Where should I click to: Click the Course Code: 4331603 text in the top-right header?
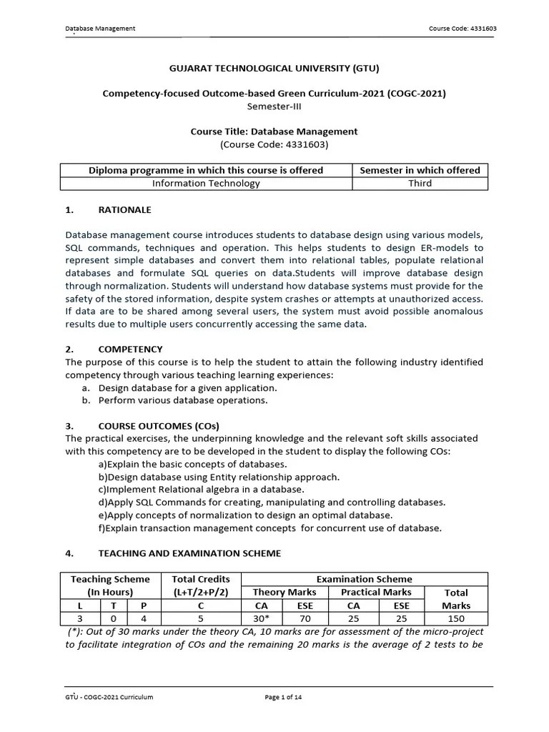[x=462, y=29]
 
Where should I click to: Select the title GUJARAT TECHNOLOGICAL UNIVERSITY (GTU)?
[x=274, y=69]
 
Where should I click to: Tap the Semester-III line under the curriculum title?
[x=274, y=106]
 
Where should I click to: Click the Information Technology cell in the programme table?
[x=206, y=183]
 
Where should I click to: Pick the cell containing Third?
[x=420, y=183]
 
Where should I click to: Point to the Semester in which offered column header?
[x=420, y=170]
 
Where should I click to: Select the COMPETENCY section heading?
[x=130, y=350]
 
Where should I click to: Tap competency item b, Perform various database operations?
[x=182, y=400]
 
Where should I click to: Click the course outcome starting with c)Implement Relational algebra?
[x=201, y=490]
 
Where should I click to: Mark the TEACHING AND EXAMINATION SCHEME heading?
[x=189, y=553]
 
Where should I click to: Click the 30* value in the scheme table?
[x=261, y=618]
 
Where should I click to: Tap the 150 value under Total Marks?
[x=456, y=618]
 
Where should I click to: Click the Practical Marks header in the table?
[x=376, y=592]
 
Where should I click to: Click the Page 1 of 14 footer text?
[x=284, y=698]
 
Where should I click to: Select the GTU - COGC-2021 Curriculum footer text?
[x=109, y=698]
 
